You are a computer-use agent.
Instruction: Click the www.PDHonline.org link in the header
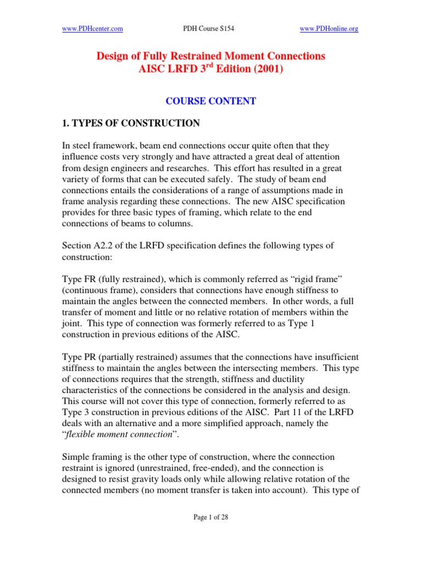click(329, 29)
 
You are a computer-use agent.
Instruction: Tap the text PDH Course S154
click(210, 29)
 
